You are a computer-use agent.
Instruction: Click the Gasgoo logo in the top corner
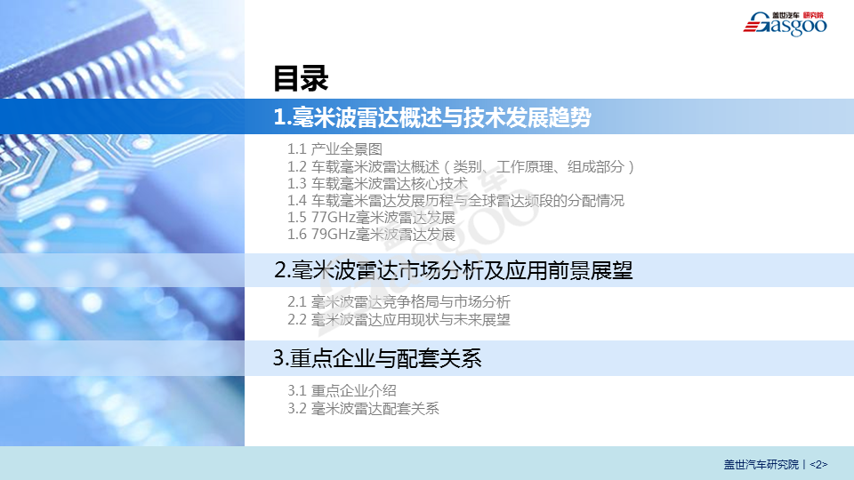(x=785, y=24)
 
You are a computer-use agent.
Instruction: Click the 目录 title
(x=301, y=78)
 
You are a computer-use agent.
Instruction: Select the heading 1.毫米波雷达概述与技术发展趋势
(x=432, y=117)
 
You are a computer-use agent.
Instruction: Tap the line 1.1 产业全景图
(x=334, y=149)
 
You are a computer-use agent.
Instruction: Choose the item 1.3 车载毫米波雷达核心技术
(x=377, y=183)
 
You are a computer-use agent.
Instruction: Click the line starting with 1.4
(x=455, y=201)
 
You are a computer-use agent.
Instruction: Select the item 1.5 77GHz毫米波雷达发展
(x=372, y=218)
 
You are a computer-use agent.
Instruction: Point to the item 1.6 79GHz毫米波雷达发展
(x=372, y=235)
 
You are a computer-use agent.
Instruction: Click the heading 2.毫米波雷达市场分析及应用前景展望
(x=453, y=270)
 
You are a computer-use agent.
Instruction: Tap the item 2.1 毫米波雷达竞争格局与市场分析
(x=399, y=301)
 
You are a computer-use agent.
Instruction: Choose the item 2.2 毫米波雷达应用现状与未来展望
(x=399, y=319)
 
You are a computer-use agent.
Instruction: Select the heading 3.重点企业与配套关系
(x=377, y=358)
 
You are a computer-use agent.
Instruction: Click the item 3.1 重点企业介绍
(x=342, y=391)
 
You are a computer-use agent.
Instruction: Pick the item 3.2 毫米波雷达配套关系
(x=363, y=408)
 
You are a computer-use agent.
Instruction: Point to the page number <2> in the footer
(x=818, y=464)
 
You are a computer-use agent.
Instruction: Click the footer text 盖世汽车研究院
(x=761, y=464)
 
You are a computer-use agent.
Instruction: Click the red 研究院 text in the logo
(x=814, y=15)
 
